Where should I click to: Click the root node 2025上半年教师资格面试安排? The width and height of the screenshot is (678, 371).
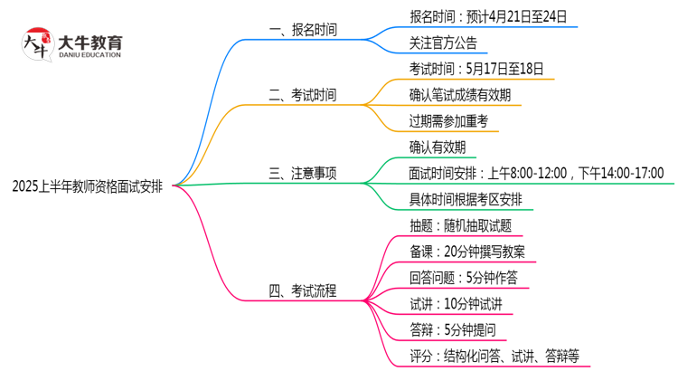(x=88, y=186)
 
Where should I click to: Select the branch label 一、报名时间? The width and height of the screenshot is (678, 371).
(x=303, y=30)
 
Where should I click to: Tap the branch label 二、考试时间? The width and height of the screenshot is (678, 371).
(x=303, y=94)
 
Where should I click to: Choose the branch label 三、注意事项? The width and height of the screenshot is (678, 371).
(x=303, y=173)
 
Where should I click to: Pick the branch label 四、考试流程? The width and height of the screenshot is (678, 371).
(x=303, y=290)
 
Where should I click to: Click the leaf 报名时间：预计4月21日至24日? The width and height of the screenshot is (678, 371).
(x=489, y=16)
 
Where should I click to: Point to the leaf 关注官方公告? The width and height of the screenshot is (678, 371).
(x=443, y=43)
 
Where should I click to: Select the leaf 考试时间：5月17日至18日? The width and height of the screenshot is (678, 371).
(x=476, y=69)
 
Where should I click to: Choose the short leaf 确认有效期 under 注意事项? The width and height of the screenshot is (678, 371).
(x=438, y=147)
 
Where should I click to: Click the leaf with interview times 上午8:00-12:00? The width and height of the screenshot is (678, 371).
(x=536, y=173)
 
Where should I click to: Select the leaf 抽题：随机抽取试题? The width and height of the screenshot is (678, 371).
(x=460, y=225)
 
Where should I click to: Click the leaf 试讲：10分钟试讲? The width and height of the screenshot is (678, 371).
(x=456, y=303)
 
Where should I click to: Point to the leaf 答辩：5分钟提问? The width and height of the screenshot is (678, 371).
(x=452, y=329)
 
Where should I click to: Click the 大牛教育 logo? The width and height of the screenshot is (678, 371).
(x=72, y=43)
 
